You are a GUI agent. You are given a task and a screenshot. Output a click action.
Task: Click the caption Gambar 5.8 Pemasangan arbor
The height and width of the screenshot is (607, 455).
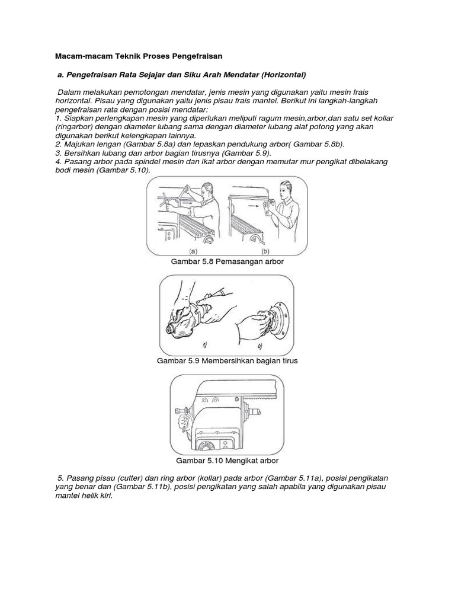(227, 261)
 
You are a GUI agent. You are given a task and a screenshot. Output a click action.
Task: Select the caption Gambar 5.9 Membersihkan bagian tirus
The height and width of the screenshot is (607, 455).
(227, 360)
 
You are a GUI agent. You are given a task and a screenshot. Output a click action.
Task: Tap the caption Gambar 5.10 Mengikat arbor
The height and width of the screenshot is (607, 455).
(227, 460)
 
